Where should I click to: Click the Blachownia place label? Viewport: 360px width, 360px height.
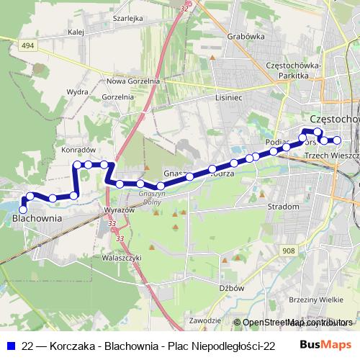[37, 217]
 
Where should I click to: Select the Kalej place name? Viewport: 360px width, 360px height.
[74, 32]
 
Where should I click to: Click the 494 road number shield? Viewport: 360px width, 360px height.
[27, 45]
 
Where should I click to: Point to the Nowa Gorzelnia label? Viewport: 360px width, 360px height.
[132, 81]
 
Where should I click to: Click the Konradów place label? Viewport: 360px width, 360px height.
[79, 149]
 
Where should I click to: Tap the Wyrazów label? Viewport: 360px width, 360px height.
[120, 209]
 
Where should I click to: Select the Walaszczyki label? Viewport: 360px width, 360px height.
[122, 257]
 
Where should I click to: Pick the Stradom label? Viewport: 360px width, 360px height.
[283, 207]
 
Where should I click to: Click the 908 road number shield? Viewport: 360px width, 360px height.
[289, 250]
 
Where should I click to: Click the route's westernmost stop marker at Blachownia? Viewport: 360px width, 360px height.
[23, 210]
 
